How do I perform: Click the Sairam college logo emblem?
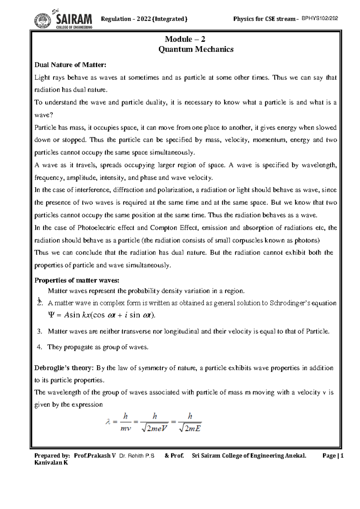[x=42, y=21]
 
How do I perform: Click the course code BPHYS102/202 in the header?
[x=320, y=18]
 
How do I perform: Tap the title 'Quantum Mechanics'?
[x=196, y=49]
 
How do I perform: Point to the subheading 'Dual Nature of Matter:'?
[x=70, y=65]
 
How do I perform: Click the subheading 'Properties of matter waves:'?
[x=77, y=280]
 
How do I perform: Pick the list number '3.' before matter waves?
[x=39, y=331]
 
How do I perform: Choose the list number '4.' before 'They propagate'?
[x=39, y=347]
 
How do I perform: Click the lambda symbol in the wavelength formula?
[x=108, y=422]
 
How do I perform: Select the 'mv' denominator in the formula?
[x=126, y=429]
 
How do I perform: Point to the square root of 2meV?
[x=154, y=429]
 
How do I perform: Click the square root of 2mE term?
[x=190, y=429]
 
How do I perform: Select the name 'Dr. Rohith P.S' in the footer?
[x=137, y=456]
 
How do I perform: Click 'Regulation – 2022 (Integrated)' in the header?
[x=144, y=19]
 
